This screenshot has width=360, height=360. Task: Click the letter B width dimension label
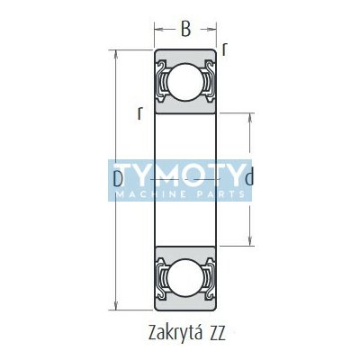point(185,30)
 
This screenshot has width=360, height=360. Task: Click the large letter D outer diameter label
point(119,179)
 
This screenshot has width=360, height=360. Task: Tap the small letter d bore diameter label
point(249,176)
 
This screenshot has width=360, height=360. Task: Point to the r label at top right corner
point(224,50)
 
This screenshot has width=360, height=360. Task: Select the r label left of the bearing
point(139,113)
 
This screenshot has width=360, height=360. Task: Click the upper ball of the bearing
point(184,81)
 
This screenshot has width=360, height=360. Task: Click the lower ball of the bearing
point(184,276)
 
